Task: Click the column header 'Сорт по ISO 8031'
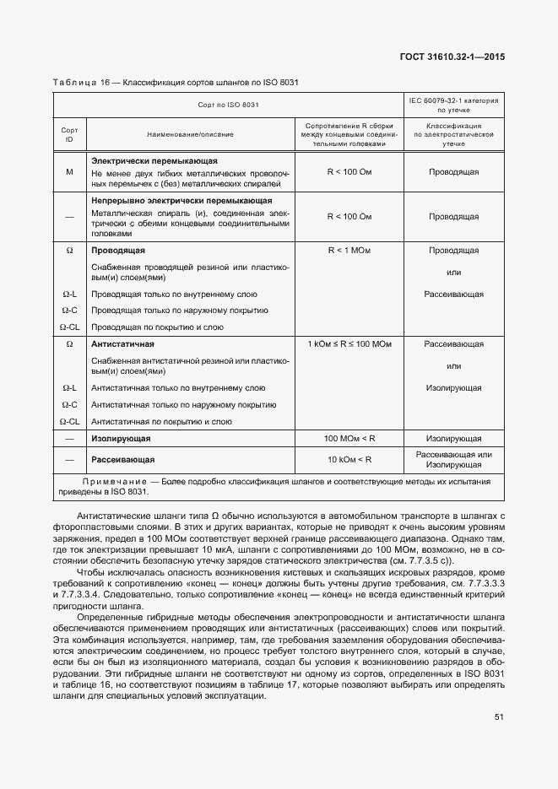pyautogui.click(x=228, y=105)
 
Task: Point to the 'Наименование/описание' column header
pyautogui.click(x=190, y=134)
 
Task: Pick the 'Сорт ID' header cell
pyautogui.click(x=70, y=134)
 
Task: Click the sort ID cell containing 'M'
pyautogui.click(x=70, y=172)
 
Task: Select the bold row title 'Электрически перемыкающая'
pyautogui.click(x=154, y=160)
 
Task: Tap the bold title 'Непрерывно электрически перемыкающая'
pyautogui.click(x=181, y=201)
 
